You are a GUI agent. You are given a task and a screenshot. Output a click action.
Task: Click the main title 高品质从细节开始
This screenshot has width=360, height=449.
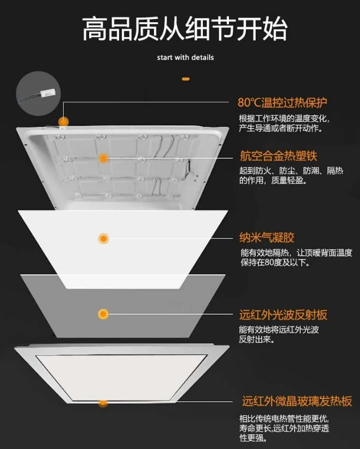coord(185,29)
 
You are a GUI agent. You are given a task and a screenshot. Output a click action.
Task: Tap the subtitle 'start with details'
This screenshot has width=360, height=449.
coord(185,57)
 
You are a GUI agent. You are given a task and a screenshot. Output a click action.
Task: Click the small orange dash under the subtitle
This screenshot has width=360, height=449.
coord(186,79)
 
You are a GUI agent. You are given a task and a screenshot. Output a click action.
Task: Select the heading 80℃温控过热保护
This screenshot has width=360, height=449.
coord(282,102)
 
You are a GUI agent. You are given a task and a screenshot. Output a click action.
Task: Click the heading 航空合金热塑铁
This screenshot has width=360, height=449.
coord(278,156)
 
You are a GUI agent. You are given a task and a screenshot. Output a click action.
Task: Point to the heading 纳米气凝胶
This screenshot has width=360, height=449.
coord(266,238)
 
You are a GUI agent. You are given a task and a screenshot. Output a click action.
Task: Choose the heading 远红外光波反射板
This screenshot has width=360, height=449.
coord(283,315)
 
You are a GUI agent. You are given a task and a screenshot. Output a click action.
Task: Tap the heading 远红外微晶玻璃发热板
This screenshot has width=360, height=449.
coord(297,401)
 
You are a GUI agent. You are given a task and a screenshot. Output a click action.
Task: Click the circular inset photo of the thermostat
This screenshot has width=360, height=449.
coord(39,94)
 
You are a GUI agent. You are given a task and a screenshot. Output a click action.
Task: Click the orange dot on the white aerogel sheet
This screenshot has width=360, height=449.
coord(103,238)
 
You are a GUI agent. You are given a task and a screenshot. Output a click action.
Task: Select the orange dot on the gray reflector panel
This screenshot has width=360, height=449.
coord(103,314)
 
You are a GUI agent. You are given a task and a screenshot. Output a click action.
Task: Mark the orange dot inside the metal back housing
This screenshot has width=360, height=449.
coord(103,158)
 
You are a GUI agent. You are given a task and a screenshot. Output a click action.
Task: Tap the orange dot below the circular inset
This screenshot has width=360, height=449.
coord(64,122)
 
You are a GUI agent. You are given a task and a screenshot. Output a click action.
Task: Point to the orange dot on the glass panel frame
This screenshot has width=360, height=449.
coord(103,403)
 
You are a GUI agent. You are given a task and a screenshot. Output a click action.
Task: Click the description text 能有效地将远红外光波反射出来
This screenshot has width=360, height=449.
coord(279,335)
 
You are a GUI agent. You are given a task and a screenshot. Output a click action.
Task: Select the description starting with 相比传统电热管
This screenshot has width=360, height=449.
coord(284,428)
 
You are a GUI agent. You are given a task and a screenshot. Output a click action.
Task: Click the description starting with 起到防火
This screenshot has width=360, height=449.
coord(291,176)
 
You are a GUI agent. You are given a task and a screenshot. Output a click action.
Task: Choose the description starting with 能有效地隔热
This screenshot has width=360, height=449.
coord(296,257)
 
